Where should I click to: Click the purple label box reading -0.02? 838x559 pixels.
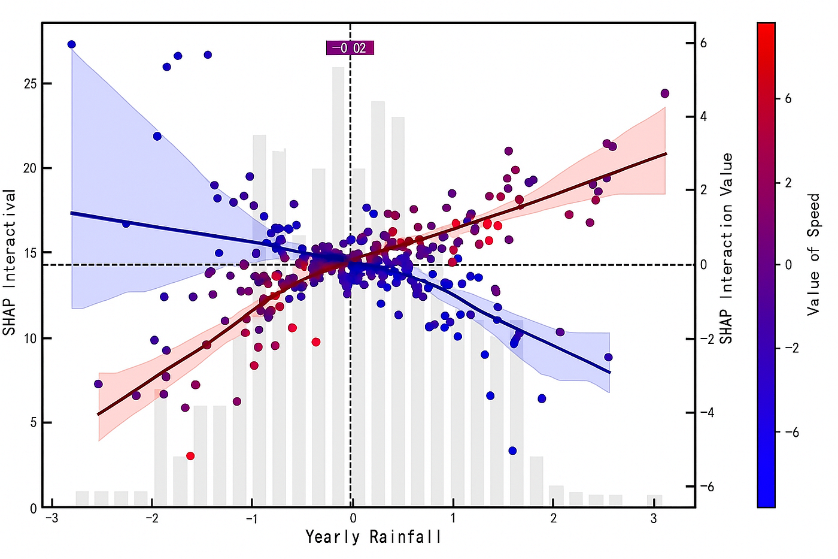(x=350, y=48)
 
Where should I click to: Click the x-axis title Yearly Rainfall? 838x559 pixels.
(x=374, y=536)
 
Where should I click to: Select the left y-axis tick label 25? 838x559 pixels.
(x=31, y=84)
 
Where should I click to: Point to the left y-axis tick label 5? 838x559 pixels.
(x=34, y=423)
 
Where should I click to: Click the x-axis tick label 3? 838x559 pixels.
(x=654, y=518)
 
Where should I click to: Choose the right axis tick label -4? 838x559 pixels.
(x=706, y=413)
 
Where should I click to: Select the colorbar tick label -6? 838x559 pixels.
(x=791, y=433)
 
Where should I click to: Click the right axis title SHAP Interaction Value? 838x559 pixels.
(x=726, y=248)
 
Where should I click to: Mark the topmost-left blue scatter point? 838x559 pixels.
(x=72, y=44)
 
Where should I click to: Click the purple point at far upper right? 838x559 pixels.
(x=664, y=93)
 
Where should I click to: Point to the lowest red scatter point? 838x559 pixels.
(x=190, y=456)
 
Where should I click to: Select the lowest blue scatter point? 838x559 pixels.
(x=512, y=451)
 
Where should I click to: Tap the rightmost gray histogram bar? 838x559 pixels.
(x=654, y=501)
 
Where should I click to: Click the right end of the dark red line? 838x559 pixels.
(x=666, y=153)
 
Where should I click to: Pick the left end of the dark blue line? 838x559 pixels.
(x=71, y=213)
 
